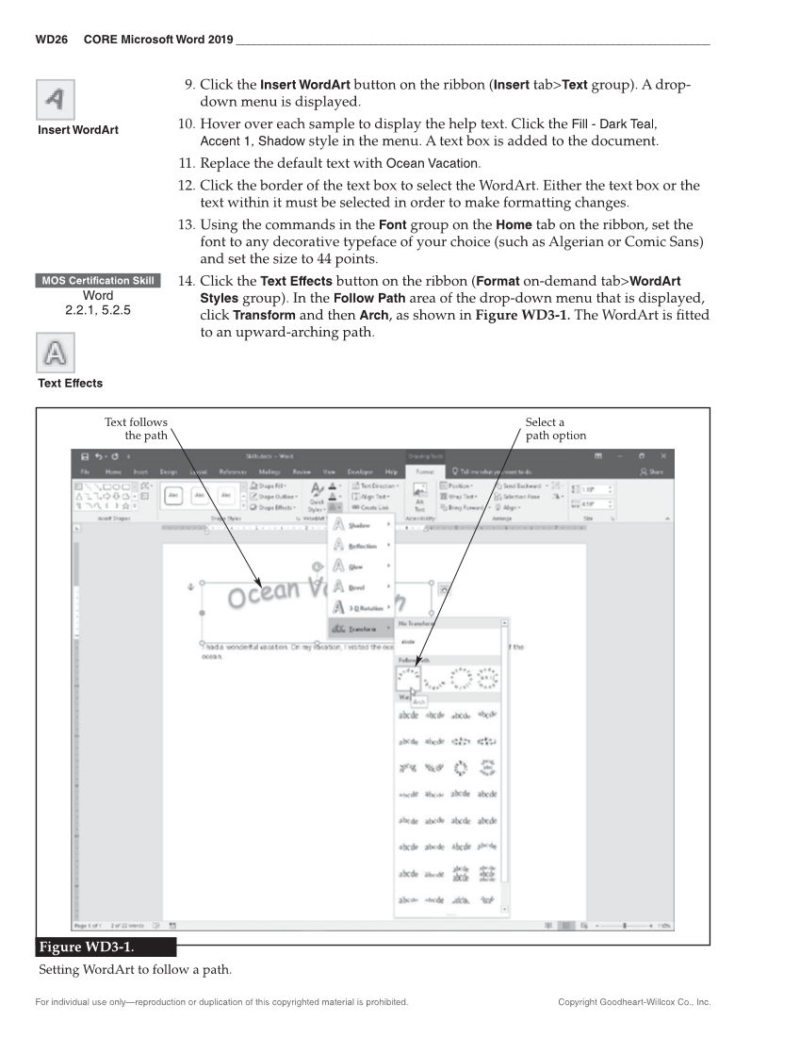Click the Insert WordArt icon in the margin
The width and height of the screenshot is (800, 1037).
(x=56, y=98)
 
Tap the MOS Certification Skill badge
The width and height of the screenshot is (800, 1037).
(x=98, y=281)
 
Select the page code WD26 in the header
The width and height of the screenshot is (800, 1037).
(x=51, y=40)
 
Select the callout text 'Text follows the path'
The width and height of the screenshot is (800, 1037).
(x=136, y=429)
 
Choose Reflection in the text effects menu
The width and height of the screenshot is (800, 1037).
(x=363, y=546)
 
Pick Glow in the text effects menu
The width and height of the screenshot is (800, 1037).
(x=356, y=567)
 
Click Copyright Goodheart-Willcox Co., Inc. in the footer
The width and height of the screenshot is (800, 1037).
(x=634, y=1002)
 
